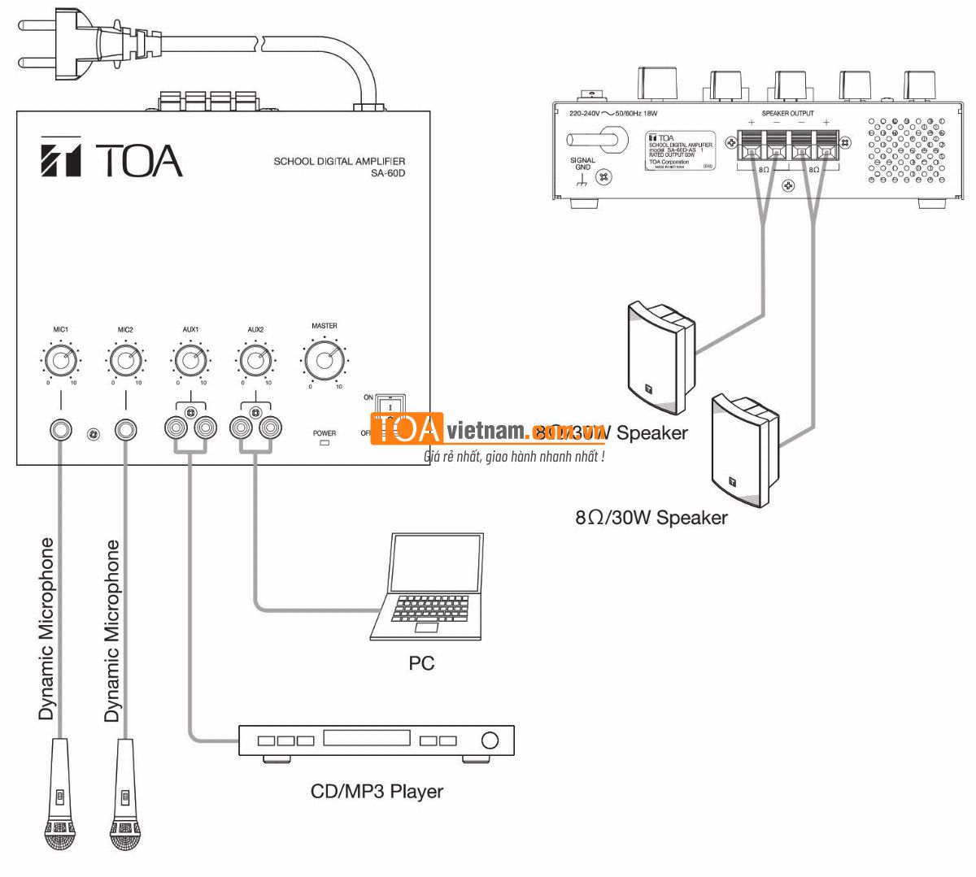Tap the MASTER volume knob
click(x=325, y=360)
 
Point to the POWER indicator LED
click(x=325, y=443)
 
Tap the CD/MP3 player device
click(x=376, y=741)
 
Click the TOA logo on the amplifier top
click(x=111, y=159)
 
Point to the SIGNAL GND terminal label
click(x=582, y=163)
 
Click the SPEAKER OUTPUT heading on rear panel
click(x=786, y=113)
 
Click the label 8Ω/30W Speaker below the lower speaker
click(x=651, y=518)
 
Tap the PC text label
click(x=421, y=663)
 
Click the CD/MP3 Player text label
click(x=377, y=791)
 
